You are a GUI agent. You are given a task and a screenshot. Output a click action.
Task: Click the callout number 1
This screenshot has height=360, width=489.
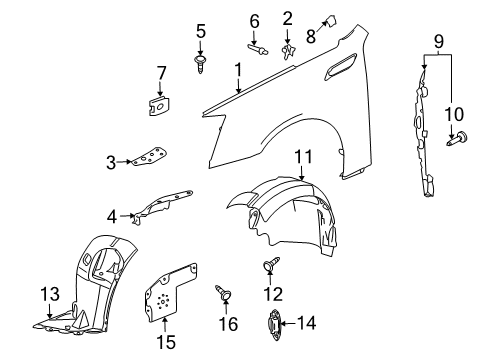(238, 70)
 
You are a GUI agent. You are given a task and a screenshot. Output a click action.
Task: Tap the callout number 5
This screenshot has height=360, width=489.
(200, 31)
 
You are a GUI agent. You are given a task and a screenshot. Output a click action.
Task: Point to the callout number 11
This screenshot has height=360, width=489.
(302, 156)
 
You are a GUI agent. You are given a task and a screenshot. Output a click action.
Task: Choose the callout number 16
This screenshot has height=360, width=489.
(228, 325)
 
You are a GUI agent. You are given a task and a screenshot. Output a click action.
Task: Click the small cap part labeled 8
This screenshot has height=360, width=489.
(327, 16)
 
